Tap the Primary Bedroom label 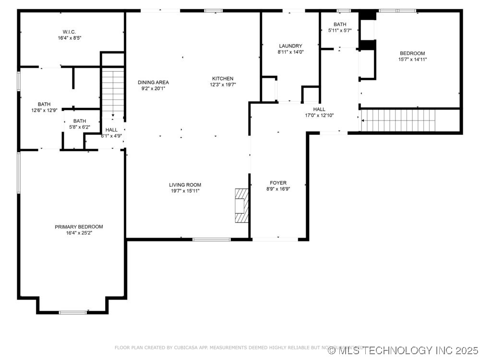coord(79,227)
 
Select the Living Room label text coord(185,185)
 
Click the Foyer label coord(278,183)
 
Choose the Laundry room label coord(290,46)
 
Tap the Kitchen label coord(223,79)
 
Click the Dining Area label coord(153,83)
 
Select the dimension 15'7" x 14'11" coord(412,60)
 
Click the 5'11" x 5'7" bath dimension coord(340,30)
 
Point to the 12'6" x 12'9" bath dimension coord(44,110)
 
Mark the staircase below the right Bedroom coord(398,120)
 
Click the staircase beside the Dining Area coord(113,94)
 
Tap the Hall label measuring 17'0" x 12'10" coord(319,109)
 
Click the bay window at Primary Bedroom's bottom coord(72,312)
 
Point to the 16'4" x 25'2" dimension coord(79,233)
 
